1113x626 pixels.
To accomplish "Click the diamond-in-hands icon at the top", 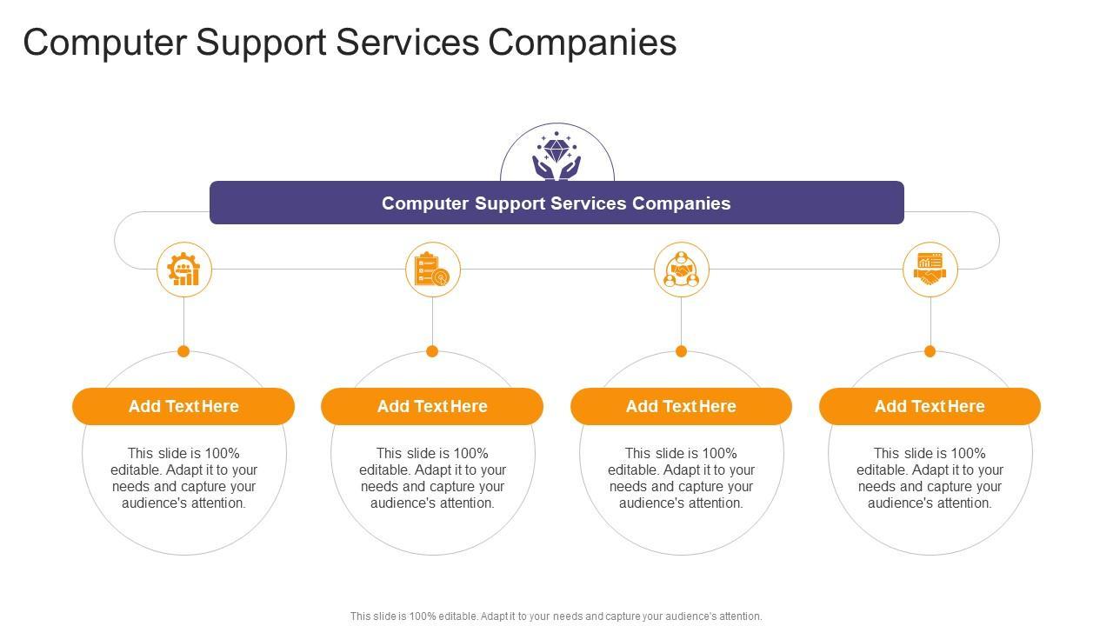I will tap(556, 156).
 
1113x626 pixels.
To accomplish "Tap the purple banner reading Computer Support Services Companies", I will tap(556, 203).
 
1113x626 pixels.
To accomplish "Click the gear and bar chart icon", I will tap(184, 270).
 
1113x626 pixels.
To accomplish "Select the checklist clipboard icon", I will tap(433, 270).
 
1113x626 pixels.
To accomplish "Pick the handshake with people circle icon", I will tap(682, 270).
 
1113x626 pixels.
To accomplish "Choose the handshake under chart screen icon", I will tap(930, 270).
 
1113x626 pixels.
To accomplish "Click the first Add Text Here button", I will tap(183, 406).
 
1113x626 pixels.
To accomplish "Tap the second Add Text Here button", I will tap(432, 406).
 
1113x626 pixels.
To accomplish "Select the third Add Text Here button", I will tap(681, 406).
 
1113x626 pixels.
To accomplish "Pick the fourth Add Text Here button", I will tap(930, 406).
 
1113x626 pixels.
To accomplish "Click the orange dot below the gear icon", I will tap(183, 351).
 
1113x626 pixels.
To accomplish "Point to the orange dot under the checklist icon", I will tap(432, 351).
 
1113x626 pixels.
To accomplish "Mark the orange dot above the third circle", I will tap(681, 351).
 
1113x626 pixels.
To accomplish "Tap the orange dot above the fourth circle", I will tap(930, 351).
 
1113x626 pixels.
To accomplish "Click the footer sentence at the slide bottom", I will tap(556, 616).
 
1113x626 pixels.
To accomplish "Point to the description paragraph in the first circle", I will tap(183, 477).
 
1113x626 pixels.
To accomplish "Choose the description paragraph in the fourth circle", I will tap(930, 477).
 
